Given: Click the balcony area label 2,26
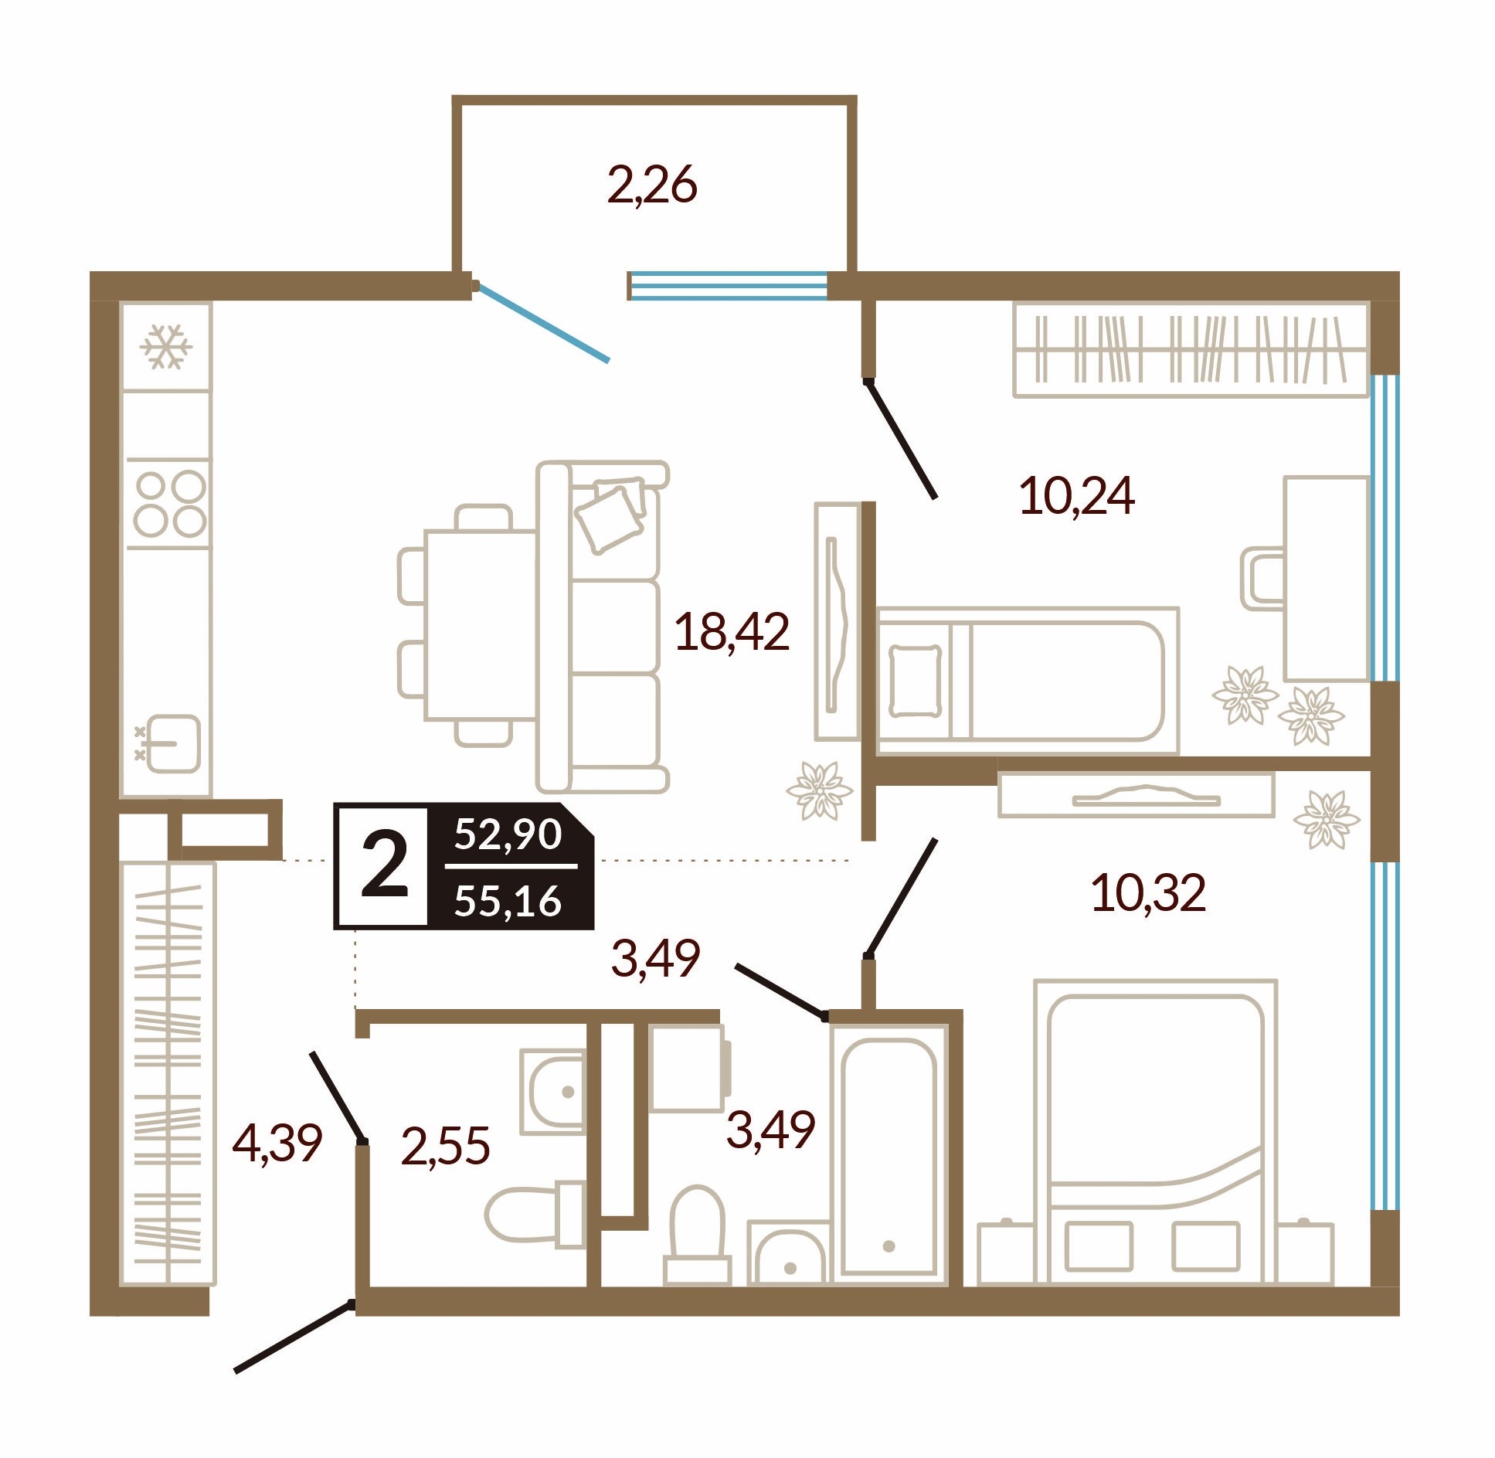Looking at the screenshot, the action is point(652,185).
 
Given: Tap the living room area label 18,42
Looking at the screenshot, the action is point(732,631).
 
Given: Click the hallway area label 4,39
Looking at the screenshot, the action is point(277,1144).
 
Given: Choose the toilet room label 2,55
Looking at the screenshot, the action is point(446,1145).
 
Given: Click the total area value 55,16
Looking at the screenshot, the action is point(508,901).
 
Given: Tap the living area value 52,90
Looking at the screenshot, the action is point(508,834).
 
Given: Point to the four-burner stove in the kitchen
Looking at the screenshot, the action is point(169,504).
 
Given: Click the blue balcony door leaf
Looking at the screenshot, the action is point(542,322).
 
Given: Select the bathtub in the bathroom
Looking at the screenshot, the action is point(889,1156).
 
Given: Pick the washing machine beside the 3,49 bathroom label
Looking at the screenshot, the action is point(688,1069).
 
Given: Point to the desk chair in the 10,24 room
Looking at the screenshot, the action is point(1262,578).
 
